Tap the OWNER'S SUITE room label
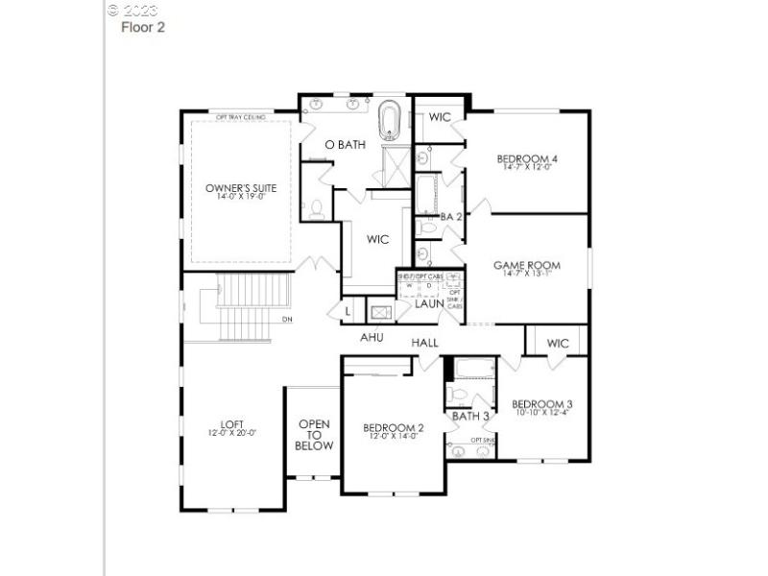coord(241,188)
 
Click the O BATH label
coord(345,145)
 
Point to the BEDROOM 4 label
coord(527,158)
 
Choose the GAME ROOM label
coord(527,265)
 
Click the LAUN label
coord(429,303)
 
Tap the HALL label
coord(424,343)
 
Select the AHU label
coord(372,338)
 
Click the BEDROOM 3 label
coord(542,403)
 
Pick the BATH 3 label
coord(471,416)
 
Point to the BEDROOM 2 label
coord(394,428)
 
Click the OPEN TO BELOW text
coord(315,435)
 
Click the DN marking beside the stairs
coord(287,320)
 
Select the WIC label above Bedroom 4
coord(440,117)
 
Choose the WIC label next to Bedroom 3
coord(558,343)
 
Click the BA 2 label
coord(451,217)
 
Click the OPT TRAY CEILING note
coord(240,115)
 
